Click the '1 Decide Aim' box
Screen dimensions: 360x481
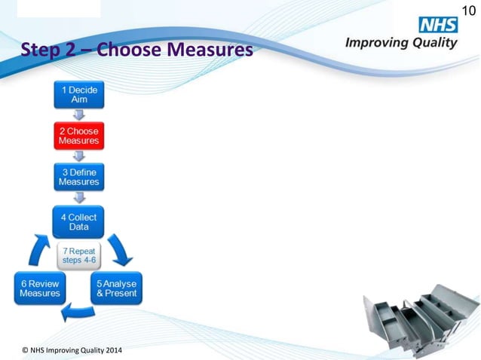(79, 94)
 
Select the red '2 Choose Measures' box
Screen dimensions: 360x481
(79, 136)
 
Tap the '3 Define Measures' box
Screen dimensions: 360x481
(79, 177)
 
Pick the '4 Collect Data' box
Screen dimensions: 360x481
(79, 221)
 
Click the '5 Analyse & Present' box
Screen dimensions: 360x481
(116, 288)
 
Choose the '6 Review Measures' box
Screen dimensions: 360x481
(40, 288)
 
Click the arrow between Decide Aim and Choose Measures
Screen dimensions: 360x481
(79, 114)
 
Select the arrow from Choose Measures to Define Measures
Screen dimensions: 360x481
(79, 156)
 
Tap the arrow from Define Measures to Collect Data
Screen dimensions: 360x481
(79, 197)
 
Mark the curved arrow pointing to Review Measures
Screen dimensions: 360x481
(78, 309)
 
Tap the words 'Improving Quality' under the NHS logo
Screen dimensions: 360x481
(401, 43)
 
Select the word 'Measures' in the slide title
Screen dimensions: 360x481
(208, 50)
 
